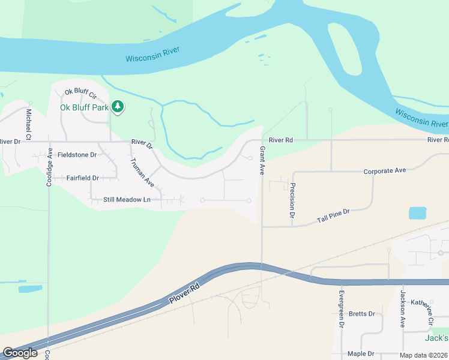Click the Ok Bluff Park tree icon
pos(118,107)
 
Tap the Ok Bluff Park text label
pos(84,107)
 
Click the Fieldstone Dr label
pos(77,155)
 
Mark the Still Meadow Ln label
pos(125,199)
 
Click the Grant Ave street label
pos(262,161)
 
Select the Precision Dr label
pos(292,199)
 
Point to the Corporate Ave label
pos(385,171)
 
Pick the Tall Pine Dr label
pos(333,217)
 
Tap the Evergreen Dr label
pos(341,308)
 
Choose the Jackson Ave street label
pos(402,308)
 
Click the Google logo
pos(20,353)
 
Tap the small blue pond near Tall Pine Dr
pos(417,213)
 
